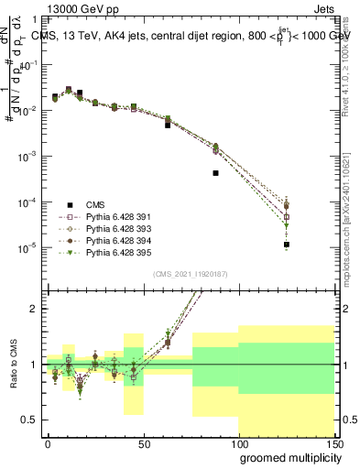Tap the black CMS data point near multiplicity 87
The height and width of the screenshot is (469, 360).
point(215,172)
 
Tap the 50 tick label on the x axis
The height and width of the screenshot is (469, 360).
point(143,443)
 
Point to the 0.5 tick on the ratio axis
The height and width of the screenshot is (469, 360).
point(29,420)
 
